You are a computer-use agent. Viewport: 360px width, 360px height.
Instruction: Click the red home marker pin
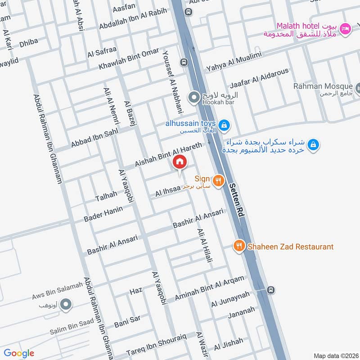coord(180,162)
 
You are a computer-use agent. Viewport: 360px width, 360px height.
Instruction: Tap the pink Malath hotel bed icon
coord(345,28)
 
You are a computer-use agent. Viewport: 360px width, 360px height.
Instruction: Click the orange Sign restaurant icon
coord(218,180)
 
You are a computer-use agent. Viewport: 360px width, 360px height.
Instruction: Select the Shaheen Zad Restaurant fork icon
coord(239,246)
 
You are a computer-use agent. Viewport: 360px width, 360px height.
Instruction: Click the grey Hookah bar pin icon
coord(194,97)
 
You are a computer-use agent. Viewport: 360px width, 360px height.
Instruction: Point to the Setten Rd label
coord(236,200)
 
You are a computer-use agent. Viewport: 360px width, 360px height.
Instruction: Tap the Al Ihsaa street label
coord(167,192)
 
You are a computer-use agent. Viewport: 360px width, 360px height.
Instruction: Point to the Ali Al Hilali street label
coord(204,245)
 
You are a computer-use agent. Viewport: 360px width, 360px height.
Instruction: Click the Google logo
coord(19,353)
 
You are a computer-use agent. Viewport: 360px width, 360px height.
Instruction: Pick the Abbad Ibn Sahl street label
coord(94,139)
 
